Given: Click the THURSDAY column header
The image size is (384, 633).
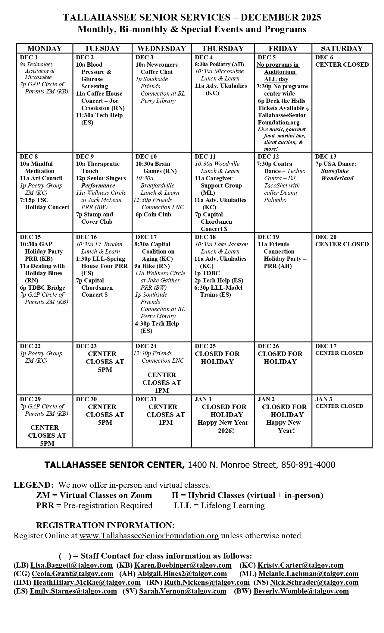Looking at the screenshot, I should pos(223,49).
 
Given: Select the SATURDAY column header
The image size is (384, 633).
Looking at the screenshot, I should pos(342,49).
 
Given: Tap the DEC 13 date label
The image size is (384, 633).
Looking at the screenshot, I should pos(326,156).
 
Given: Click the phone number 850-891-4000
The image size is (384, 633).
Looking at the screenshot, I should pos(308,465).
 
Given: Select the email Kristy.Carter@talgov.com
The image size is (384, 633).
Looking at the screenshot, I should pos(300,565).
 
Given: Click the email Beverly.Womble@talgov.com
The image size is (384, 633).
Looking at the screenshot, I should pos(301,591).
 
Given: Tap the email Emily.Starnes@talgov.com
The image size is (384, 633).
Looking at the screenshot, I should pos(73,591).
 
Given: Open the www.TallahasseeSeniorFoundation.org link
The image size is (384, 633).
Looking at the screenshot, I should pos(149,536).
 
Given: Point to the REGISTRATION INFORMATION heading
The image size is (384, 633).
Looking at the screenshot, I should pos(105,525).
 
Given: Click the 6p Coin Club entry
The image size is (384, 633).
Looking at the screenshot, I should pos(153,214).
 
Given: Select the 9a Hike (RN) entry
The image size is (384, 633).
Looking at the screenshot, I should pos(152,266).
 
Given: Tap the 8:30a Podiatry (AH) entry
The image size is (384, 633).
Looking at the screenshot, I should pos(219,64).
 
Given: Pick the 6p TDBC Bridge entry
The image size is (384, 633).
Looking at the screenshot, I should pos(42,288).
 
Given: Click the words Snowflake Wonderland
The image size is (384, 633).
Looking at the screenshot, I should pos(337,175).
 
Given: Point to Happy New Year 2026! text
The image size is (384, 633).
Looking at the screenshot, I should pos(223,427).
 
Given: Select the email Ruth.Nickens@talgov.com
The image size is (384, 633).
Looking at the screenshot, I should pos(207,583).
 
